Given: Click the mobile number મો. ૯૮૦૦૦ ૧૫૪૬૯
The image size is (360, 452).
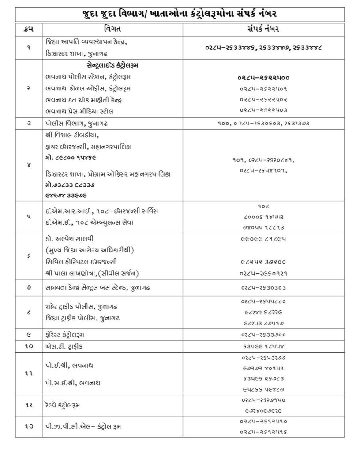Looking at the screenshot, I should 71,157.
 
